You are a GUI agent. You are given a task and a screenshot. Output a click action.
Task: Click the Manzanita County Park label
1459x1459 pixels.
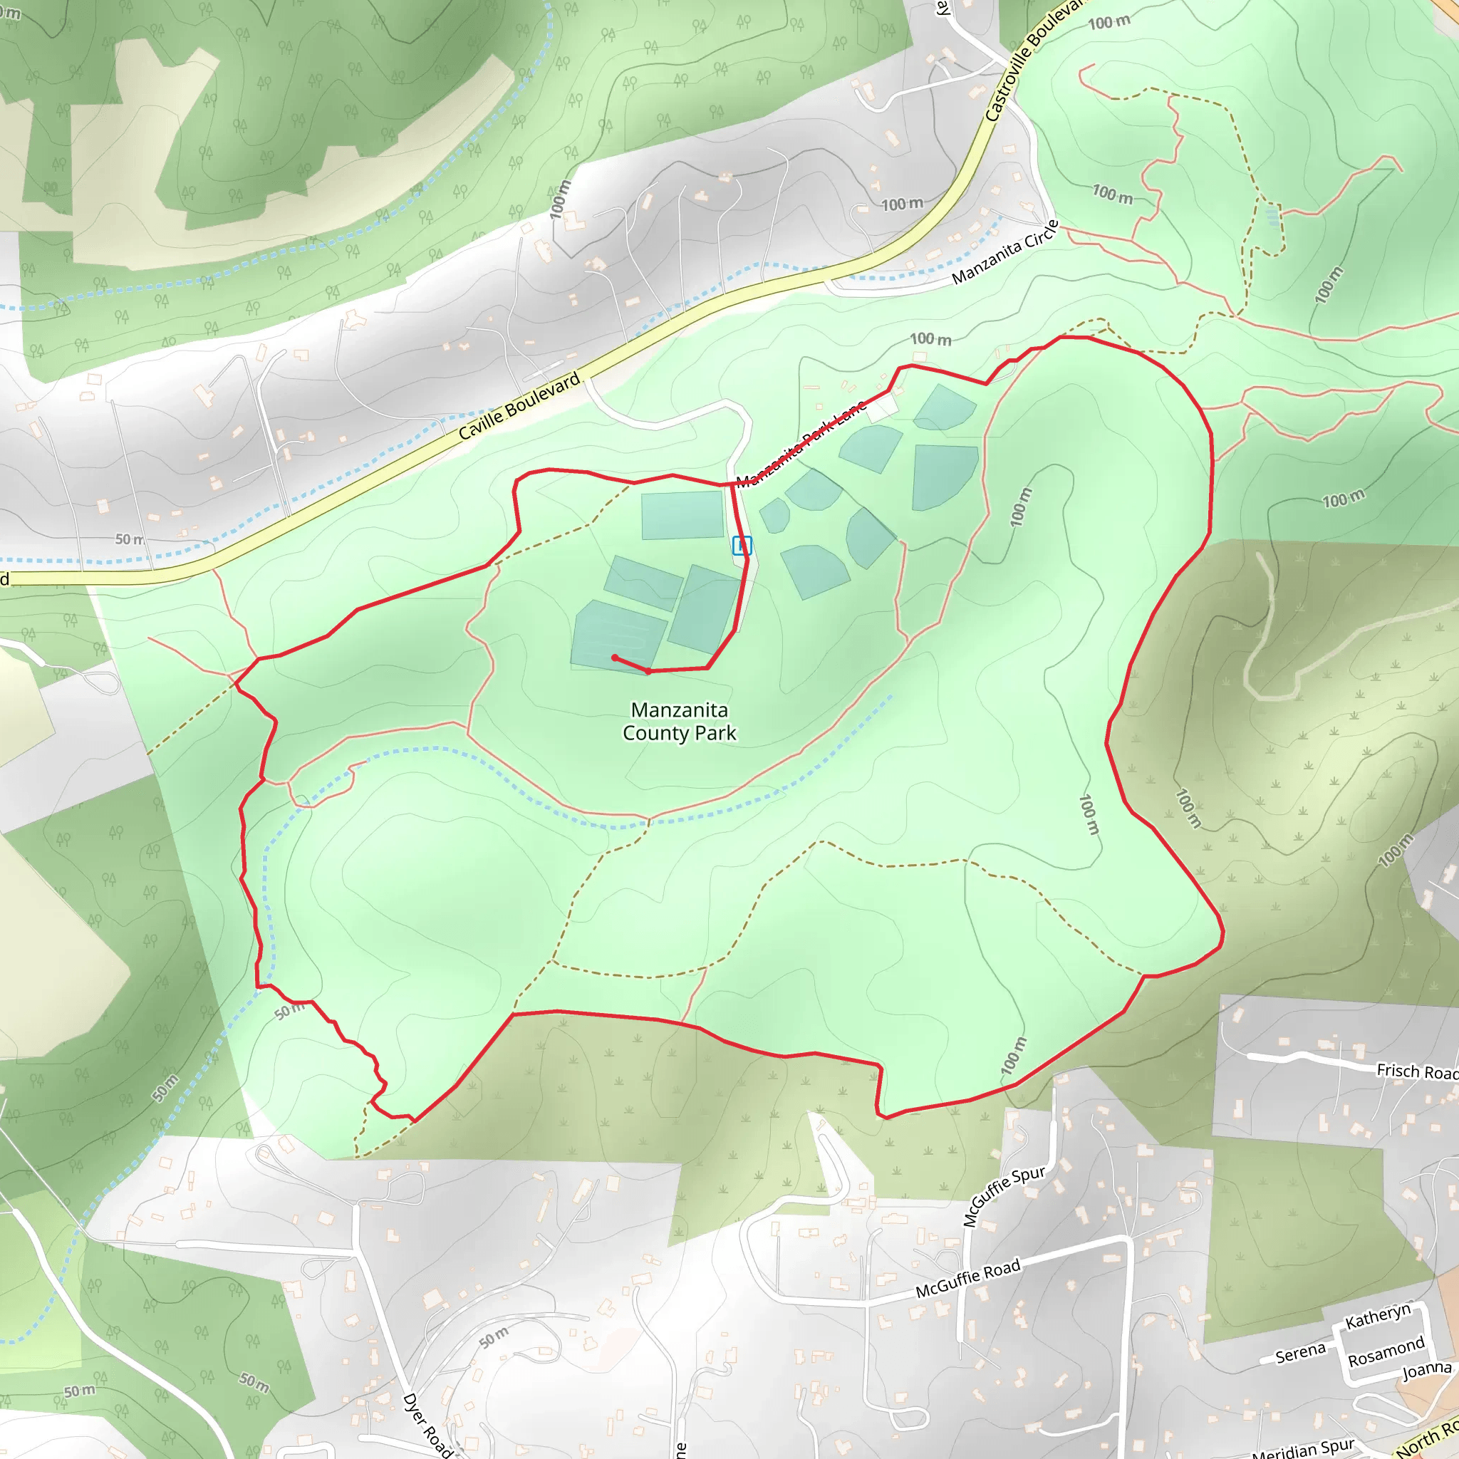click(x=679, y=721)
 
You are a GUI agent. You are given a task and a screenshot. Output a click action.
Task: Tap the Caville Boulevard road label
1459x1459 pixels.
click(x=519, y=405)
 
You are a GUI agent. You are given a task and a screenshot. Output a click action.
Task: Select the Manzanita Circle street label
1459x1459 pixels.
click(x=1005, y=252)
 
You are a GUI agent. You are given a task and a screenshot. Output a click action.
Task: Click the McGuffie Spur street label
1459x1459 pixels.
click(x=1004, y=1195)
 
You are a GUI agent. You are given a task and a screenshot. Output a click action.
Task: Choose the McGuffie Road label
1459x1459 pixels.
click(x=967, y=1278)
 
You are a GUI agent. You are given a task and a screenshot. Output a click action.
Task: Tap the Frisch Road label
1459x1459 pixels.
click(x=1417, y=1071)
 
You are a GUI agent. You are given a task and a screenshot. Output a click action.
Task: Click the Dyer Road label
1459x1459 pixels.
click(x=427, y=1424)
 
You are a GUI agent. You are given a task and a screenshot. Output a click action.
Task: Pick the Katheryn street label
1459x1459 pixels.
click(x=1378, y=1317)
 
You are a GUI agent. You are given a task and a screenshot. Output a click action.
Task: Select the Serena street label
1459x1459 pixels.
click(x=1299, y=1354)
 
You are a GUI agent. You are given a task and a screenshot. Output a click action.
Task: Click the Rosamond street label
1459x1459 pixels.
click(x=1386, y=1351)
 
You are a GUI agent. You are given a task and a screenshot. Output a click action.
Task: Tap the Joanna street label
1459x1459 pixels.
click(x=1426, y=1370)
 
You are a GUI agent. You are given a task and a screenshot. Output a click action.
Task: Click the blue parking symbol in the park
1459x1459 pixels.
click(x=742, y=545)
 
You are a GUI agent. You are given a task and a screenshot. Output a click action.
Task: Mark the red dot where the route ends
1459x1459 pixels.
click(x=615, y=658)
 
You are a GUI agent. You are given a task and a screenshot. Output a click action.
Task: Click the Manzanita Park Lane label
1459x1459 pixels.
click(x=801, y=445)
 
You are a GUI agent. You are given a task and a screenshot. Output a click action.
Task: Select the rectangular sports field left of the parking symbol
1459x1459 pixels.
click(x=682, y=515)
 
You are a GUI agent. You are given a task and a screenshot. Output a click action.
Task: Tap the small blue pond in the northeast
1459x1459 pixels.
click(x=1272, y=217)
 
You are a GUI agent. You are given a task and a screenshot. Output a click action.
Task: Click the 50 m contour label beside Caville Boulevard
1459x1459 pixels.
click(x=129, y=539)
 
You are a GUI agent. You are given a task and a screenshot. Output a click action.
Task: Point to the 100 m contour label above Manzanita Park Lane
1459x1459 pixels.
click(x=930, y=339)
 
